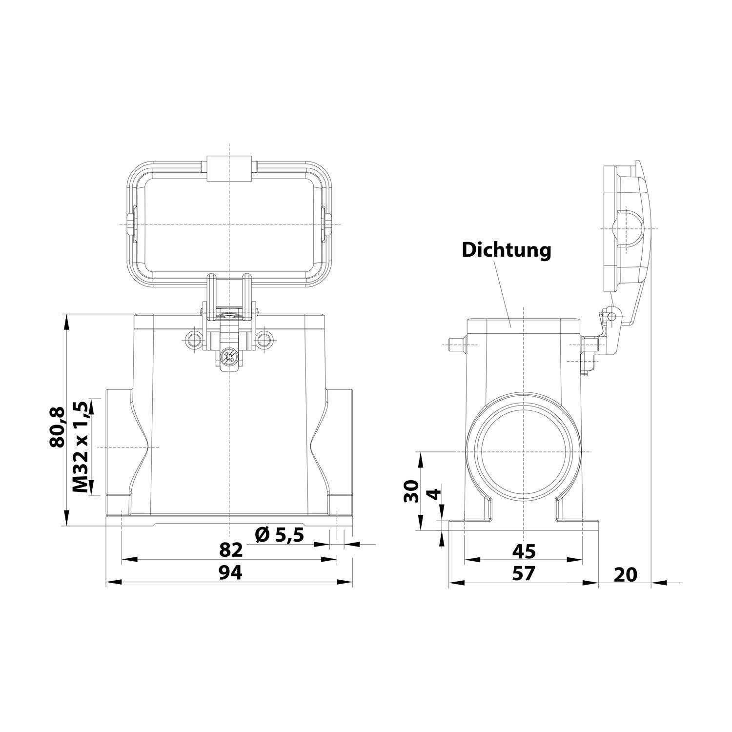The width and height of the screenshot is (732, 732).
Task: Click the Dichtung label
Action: point(506,250)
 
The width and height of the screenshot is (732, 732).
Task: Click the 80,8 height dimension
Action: point(57,427)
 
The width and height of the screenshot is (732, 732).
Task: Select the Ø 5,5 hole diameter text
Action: point(280,535)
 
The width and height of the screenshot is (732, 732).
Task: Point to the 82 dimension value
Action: point(231,550)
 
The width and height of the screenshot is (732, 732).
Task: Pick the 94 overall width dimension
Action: point(230,573)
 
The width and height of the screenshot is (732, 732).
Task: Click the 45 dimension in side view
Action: point(524,551)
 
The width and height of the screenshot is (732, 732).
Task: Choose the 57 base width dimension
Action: point(524,573)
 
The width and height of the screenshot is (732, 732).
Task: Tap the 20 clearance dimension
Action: point(625,574)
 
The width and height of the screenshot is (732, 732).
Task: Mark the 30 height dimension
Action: point(412,491)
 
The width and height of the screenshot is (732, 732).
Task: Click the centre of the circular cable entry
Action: point(523,451)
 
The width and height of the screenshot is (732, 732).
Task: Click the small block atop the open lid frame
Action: point(229,168)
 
